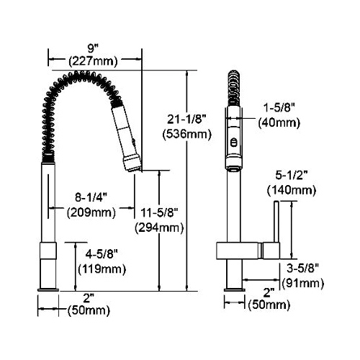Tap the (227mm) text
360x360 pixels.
click(93, 61)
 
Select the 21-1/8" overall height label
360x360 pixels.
click(186, 120)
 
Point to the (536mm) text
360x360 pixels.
click(187, 135)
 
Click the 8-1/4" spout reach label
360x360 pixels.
click(91, 197)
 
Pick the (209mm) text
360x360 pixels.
click(91, 212)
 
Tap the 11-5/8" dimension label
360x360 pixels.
click(159, 212)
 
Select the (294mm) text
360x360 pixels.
click(159, 228)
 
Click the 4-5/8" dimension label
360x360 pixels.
click(102, 254)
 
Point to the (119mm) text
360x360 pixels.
click(102, 269)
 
